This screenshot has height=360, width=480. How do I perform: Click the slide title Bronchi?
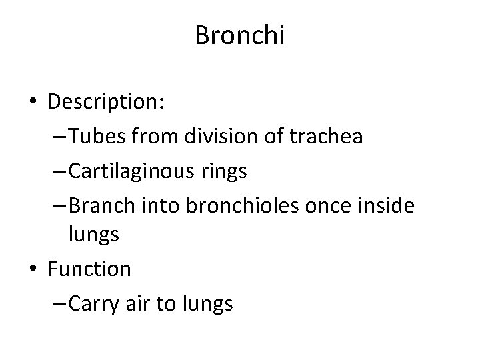point(240,35)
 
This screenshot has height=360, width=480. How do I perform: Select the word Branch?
point(96,205)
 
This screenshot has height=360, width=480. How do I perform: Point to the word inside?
point(387,205)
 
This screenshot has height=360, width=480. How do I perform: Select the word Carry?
point(90,303)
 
